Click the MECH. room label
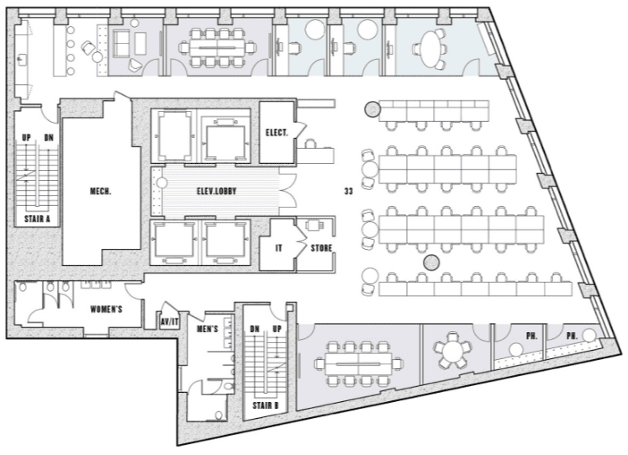click(100, 192)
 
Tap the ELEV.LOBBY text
click(216, 192)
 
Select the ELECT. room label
click(277, 133)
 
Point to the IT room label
click(279, 248)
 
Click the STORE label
click(322, 248)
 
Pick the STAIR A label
click(37, 219)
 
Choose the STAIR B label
click(265, 405)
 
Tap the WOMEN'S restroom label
click(106, 310)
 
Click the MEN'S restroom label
click(207, 329)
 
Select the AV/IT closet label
click(170, 321)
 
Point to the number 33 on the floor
click(348, 192)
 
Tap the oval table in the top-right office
click(430, 50)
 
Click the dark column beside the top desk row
click(372, 109)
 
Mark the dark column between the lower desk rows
click(432, 262)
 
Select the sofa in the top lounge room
click(122, 43)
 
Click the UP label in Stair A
click(26, 138)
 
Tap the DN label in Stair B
click(255, 329)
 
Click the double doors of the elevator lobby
click(288, 191)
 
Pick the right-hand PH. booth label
click(572, 336)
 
